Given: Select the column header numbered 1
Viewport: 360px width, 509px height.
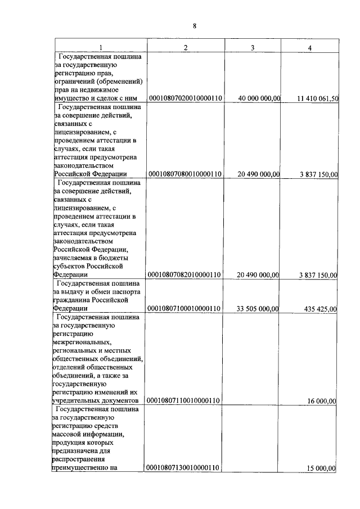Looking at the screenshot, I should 101,47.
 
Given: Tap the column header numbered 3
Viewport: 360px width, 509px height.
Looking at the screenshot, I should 253,47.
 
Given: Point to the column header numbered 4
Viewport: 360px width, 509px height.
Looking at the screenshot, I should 309,48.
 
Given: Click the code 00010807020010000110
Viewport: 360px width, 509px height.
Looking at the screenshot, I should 185,98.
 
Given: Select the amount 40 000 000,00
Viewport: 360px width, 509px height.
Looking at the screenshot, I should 259,98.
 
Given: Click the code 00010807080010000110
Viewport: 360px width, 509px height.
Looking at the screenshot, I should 185,174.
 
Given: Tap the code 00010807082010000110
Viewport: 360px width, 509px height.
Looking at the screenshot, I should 185,274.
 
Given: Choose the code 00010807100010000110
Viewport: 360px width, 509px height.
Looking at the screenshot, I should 185,308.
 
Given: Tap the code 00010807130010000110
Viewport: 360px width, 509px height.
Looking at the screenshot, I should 185,467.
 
